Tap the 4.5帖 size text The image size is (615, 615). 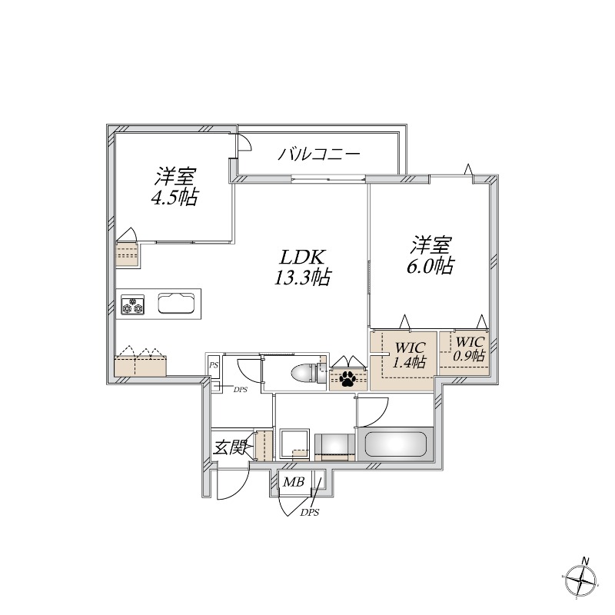pyautogui.click(x=174, y=198)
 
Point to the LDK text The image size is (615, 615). pyautogui.click(x=302, y=257)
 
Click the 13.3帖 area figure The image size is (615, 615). pyautogui.click(x=302, y=278)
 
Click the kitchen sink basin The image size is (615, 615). pyautogui.click(x=178, y=303)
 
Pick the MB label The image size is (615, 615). pyautogui.click(x=294, y=482)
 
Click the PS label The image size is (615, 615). pyautogui.click(x=214, y=367)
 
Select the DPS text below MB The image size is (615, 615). pyautogui.click(x=310, y=512)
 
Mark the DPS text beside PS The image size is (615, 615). pyautogui.click(x=240, y=391)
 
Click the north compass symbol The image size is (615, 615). pyautogui.click(x=583, y=578)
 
